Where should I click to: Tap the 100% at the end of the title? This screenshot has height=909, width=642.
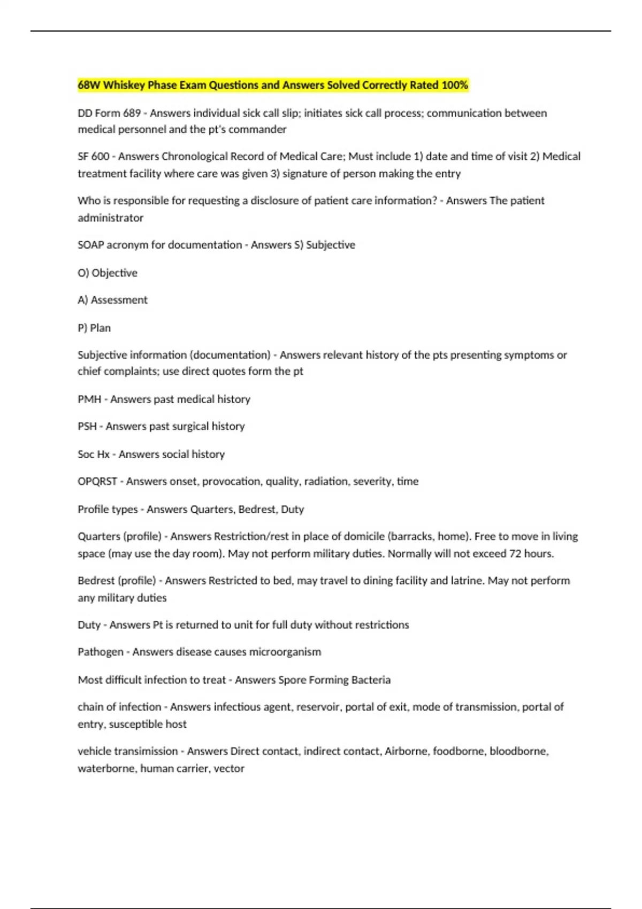455,85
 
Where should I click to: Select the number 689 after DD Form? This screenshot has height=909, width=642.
132,113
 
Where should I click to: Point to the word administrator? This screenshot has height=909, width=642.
110,218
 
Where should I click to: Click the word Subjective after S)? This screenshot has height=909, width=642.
330,245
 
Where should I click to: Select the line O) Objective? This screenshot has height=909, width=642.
108,273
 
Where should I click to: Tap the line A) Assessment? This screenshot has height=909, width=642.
112,300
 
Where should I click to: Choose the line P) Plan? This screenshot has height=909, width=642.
94,328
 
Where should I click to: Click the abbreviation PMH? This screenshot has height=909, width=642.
89,399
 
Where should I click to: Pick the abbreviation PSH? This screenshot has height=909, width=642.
87,426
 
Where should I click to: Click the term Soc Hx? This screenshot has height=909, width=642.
94,454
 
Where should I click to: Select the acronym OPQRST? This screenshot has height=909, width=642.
97,481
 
